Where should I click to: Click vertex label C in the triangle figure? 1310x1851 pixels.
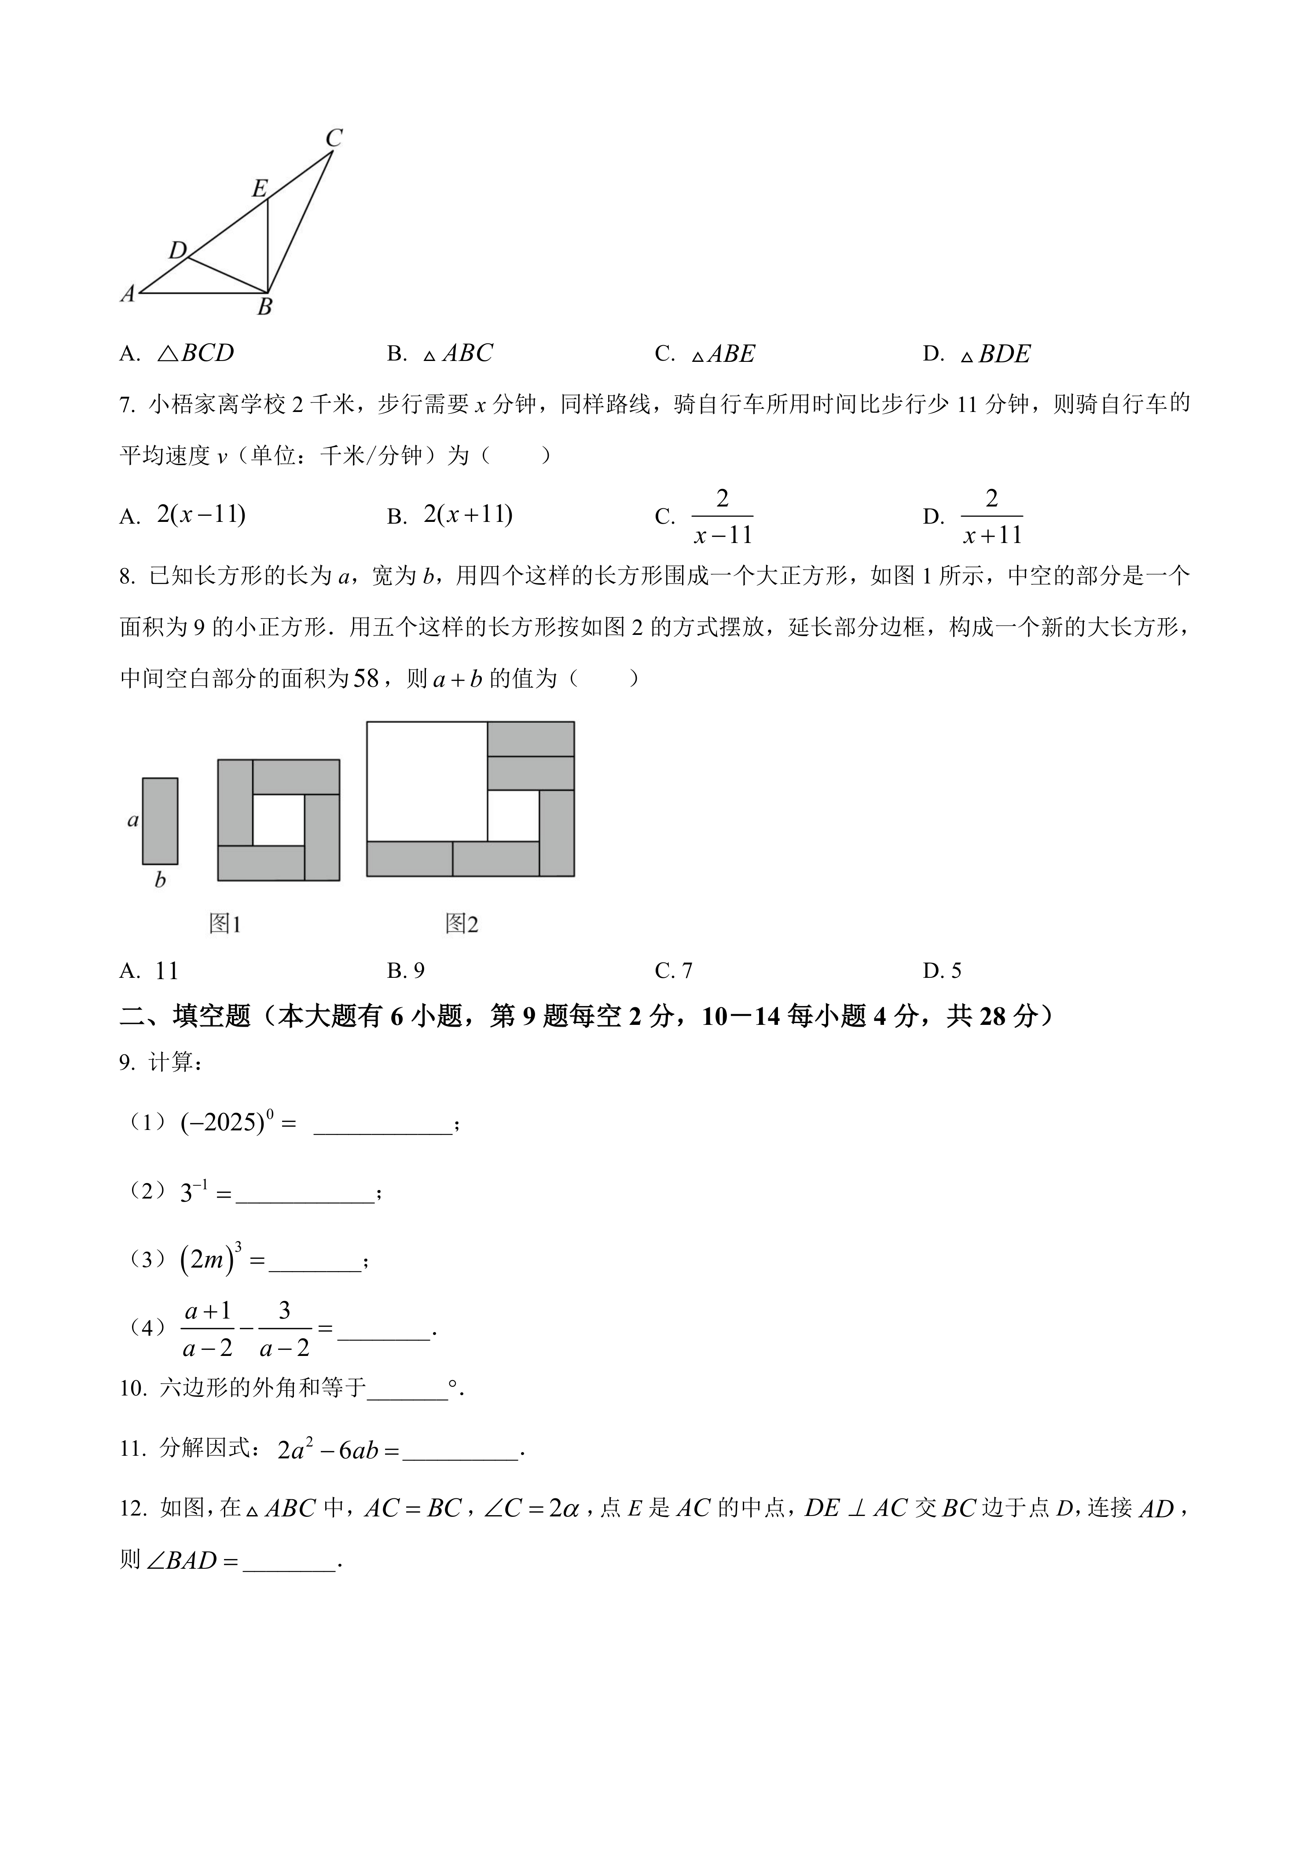coord(334,138)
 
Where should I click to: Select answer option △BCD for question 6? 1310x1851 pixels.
coord(195,353)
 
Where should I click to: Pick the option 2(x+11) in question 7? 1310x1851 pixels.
coord(468,514)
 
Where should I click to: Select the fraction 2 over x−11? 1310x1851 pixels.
coord(723,516)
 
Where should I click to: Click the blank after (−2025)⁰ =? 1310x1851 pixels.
coord(382,1123)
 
